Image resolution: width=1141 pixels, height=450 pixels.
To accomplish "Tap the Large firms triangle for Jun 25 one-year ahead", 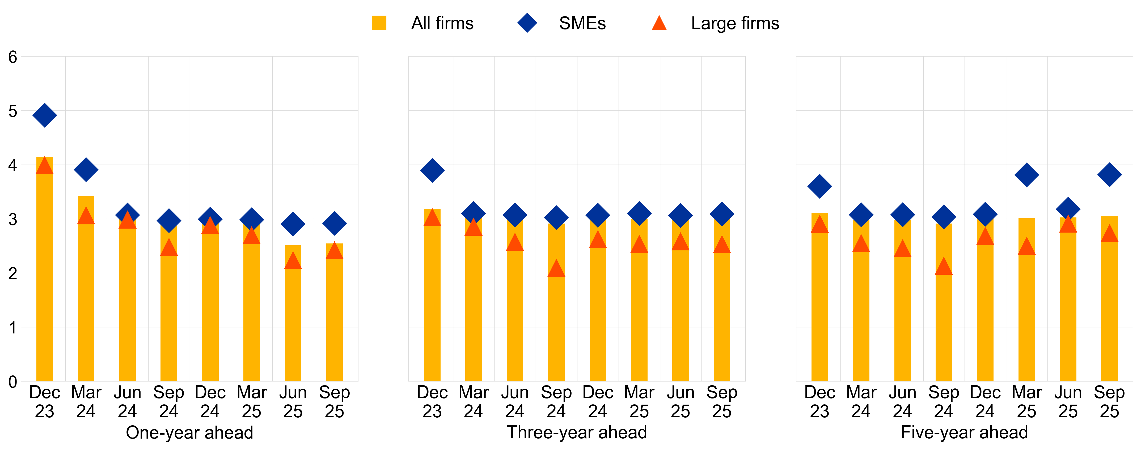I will coord(293,261).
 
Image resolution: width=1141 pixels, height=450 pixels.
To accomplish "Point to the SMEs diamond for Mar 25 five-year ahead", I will coord(1026,175).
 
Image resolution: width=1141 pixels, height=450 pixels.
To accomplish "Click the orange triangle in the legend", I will coord(659,23).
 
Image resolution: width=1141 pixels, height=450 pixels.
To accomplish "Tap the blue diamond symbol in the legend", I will coord(527,23).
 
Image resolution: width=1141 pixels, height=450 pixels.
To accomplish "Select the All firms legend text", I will coord(442,23).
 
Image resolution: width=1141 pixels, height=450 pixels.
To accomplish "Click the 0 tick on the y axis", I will coord(13,382).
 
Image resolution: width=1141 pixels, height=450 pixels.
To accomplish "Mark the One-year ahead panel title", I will coord(189,432).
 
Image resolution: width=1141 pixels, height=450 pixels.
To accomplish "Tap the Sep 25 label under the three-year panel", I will coord(721,402).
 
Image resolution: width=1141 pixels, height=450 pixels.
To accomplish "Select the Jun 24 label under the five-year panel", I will coord(902,402).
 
